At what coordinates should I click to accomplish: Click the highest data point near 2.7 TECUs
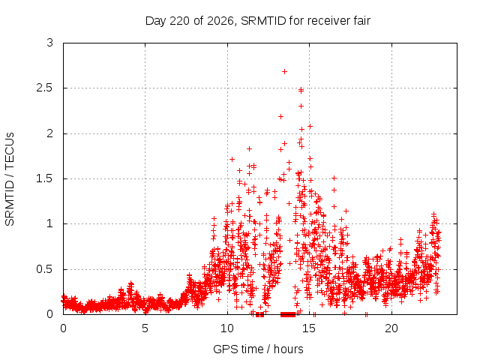[x=284, y=72]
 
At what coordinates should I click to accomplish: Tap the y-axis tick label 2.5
[x=45, y=88]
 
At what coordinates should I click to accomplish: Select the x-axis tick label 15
[x=309, y=328]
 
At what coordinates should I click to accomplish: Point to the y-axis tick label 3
[x=50, y=43]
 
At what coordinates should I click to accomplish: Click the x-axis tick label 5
[x=145, y=328]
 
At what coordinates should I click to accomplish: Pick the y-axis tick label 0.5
[x=45, y=269]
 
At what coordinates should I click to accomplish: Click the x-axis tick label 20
[x=391, y=328]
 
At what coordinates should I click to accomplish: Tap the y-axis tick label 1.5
[x=45, y=178]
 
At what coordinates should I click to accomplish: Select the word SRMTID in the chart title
[x=263, y=21]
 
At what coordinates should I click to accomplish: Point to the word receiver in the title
[x=328, y=21]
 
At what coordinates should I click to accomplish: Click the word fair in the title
[x=361, y=21]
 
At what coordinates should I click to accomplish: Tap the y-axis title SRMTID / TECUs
[x=10, y=179]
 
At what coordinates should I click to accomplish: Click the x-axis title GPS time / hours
[x=258, y=349]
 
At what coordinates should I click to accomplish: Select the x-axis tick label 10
[x=226, y=328]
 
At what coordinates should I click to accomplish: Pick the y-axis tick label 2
[x=50, y=133]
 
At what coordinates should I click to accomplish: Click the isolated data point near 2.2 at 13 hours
[x=280, y=117]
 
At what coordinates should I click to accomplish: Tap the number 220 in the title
[x=181, y=21]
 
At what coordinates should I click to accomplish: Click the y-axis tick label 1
[x=50, y=223]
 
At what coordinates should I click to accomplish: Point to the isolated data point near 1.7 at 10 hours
[x=232, y=159]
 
